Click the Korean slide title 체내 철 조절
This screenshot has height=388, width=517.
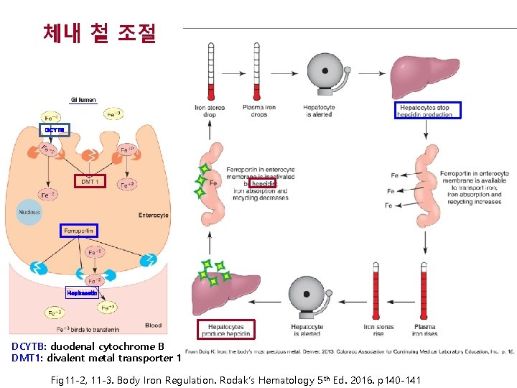coord(99,33)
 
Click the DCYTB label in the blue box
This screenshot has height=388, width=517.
coord(55,130)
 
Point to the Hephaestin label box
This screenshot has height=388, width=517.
coord(82,293)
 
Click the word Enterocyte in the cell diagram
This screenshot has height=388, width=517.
coord(153,216)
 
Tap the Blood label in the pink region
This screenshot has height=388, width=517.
coord(153,325)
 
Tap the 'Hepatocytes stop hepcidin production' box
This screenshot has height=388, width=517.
coord(427,110)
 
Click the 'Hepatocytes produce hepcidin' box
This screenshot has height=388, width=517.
coord(226,329)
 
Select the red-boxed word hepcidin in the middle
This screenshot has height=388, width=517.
coord(263,184)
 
